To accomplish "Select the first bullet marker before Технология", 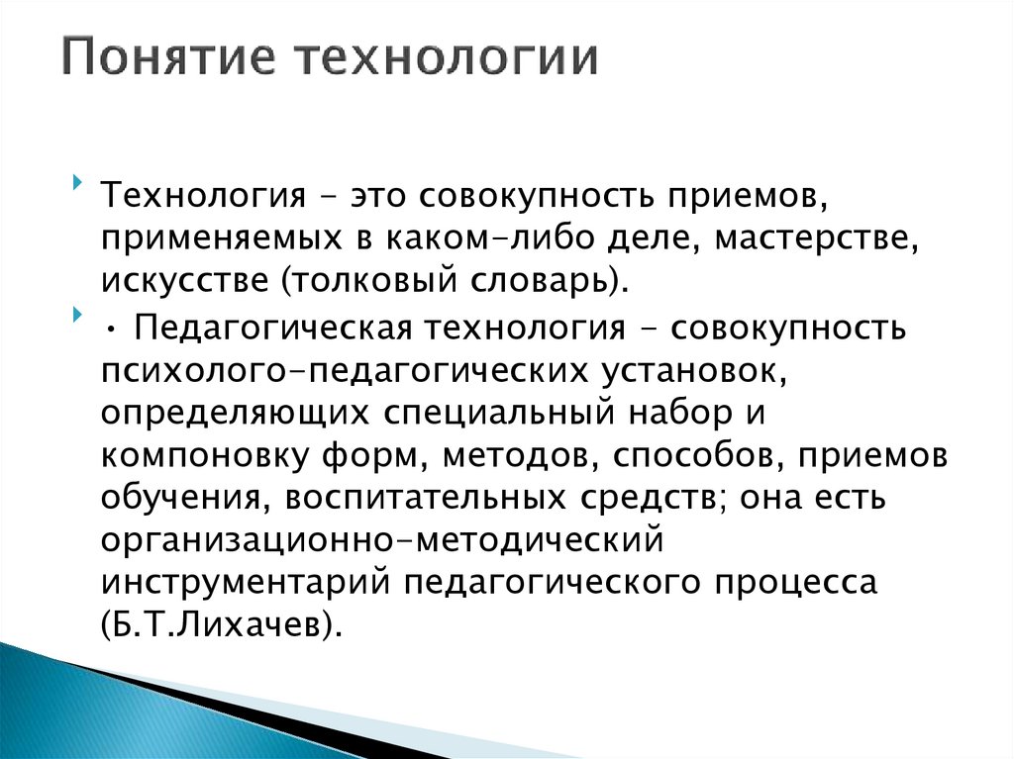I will click(x=78, y=184).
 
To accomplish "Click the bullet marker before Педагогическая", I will click(x=78, y=316).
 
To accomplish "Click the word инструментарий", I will click(x=246, y=584).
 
